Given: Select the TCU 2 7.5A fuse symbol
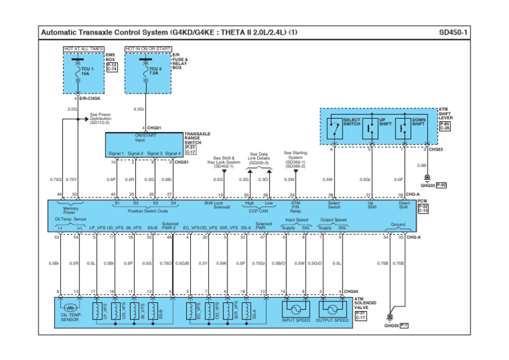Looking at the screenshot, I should point(144,69).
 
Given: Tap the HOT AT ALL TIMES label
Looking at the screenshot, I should point(84,48).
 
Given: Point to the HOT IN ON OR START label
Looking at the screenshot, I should point(148,48).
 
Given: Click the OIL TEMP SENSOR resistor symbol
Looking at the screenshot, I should point(69,308).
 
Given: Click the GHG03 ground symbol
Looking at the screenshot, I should point(427,178).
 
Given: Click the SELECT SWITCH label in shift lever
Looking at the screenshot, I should point(352,123).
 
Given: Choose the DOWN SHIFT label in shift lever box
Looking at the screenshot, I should point(419,123).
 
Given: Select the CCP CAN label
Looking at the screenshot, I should point(258,211).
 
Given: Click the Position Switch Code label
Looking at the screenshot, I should point(148,211).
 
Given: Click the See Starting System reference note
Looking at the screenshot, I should point(295,159).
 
